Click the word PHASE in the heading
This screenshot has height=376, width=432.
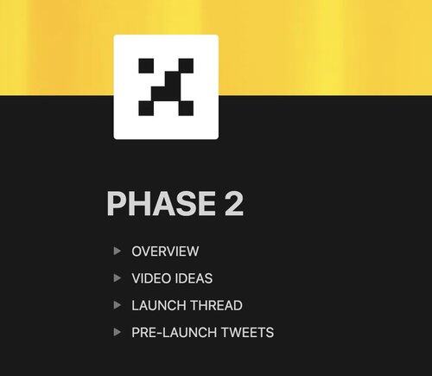click(162, 203)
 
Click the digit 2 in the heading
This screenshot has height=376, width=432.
click(234, 203)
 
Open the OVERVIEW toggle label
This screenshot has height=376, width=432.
click(165, 252)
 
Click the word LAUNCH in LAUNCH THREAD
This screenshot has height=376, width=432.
click(159, 305)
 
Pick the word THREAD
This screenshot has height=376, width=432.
click(216, 305)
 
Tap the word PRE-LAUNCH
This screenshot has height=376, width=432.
click(175, 332)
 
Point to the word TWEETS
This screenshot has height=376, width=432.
click(247, 332)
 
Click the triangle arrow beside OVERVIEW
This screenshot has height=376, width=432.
click(117, 251)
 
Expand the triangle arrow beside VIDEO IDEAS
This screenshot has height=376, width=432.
click(117, 278)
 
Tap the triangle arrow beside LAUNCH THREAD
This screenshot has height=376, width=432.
click(117, 305)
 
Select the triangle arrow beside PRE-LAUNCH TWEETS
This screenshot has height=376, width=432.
click(117, 332)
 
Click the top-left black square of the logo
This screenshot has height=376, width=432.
click(146, 66)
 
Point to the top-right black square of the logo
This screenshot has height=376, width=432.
click(186, 66)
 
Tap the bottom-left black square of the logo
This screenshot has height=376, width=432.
click(146, 108)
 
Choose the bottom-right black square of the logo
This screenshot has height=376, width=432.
click(186, 108)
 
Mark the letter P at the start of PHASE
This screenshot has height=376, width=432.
click(116, 203)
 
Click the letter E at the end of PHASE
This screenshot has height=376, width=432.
click(206, 203)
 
